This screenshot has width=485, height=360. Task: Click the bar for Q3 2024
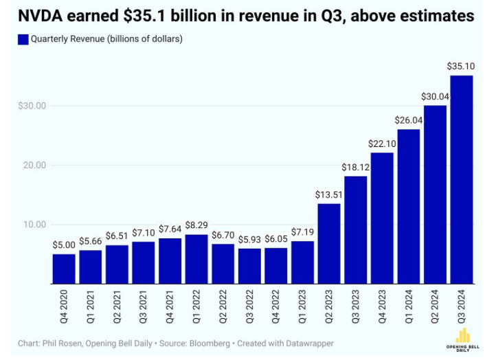pos(461,179)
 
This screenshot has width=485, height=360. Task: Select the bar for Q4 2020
pos(64,269)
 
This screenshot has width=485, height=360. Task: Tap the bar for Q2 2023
pos(328,243)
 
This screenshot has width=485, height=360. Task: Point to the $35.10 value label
pos(461,67)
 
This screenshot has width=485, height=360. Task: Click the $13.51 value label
pos(328,194)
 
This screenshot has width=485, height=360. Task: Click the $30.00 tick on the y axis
pos(32,106)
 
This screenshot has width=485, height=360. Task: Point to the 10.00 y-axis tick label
pos(34,225)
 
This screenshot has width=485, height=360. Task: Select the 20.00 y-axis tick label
pos(34,166)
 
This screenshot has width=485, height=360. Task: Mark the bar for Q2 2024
pos(434,194)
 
